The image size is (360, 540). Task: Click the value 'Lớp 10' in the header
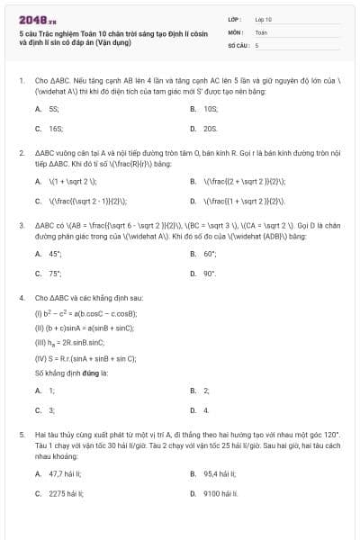pyautogui.click(x=264, y=18)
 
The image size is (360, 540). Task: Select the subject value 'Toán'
pyautogui.click(x=261, y=31)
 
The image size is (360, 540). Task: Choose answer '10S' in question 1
pyautogui.click(x=211, y=108)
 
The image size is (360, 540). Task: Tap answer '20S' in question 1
pyautogui.click(x=211, y=128)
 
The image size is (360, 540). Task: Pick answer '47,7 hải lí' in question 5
pyautogui.click(x=65, y=473)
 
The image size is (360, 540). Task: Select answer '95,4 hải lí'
pyautogui.click(x=220, y=473)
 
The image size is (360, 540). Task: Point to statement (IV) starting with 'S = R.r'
pyautogui.click(x=85, y=357)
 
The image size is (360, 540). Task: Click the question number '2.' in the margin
pyautogui.click(x=21, y=153)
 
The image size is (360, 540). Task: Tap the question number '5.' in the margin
pyautogui.click(x=21, y=433)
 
